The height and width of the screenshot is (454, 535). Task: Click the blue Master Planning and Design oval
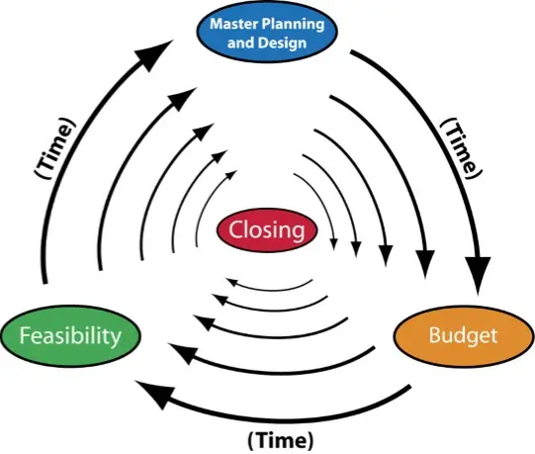coord(267,33)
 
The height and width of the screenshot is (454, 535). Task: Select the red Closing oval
coord(267,230)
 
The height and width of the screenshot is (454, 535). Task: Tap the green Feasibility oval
coord(70,336)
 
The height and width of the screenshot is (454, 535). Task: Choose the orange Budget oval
coord(463,335)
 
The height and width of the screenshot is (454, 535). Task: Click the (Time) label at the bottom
coord(280,440)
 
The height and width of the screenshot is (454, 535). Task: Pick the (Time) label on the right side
coord(461,148)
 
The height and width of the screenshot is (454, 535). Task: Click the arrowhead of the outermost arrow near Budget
coord(478,274)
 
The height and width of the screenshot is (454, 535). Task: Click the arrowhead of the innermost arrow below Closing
coord(232,282)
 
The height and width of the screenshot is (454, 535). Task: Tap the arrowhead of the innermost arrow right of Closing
coord(334,243)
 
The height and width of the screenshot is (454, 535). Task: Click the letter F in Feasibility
coord(24,335)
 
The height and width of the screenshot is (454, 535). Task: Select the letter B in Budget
coord(434,334)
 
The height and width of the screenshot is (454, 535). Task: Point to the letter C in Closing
coord(234,229)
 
